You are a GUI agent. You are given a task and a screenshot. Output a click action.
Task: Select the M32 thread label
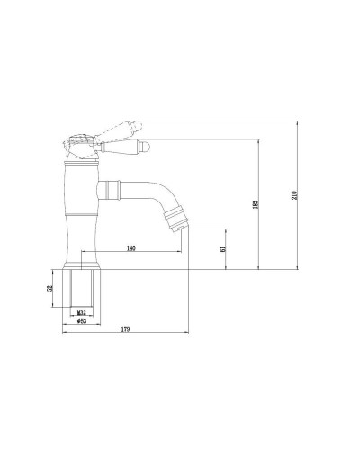tap(81, 310)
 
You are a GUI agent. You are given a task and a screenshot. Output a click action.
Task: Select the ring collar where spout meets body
tap(109, 188)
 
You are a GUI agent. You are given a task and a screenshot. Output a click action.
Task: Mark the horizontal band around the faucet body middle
tap(82, 215)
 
